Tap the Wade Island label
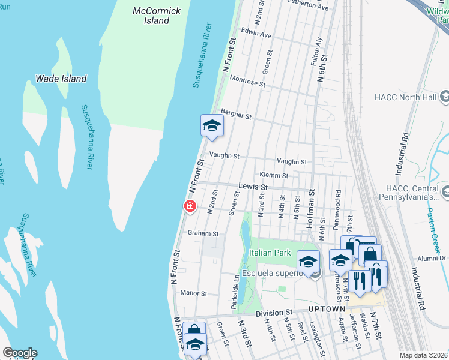(x=61, y=79)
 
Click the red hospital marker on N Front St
(x=190, y=207)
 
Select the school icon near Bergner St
(x=211, y=126)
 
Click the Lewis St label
(x=252, y=187)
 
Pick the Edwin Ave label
(x=256, y=34)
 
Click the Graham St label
(x=203, y=233)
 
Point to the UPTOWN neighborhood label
(x=327, y=309)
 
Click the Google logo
(x=20, y=353)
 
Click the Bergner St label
(x=236, y=113)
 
